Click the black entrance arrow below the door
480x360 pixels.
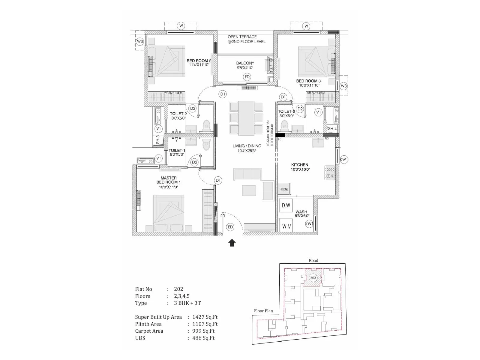[232, 243]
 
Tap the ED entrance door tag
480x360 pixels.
[230, 227]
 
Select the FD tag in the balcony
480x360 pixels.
[247, 77]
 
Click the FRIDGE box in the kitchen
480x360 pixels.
[284, 189]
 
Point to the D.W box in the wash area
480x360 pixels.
[286, 205]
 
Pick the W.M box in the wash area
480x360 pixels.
[286, 226]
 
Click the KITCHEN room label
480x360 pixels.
[300, 165]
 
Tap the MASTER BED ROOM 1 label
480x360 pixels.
[169, 180]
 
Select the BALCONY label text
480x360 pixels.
[245, 63]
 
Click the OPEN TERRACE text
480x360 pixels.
[242, 37]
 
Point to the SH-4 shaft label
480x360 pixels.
[332, 129]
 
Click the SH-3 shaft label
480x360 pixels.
[158, 139]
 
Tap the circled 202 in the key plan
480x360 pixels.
[313, 278]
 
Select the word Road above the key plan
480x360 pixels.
[313, 260]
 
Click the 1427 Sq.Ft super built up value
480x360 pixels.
[205, 317]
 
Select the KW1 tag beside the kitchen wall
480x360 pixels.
[344, 159]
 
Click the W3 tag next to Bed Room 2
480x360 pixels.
[140, 41]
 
